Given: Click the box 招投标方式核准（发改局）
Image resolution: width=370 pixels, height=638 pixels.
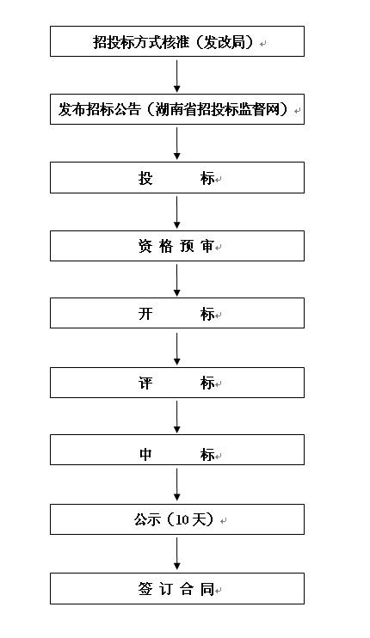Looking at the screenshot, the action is pos(177,41).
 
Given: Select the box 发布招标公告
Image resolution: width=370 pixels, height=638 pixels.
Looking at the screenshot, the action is pos(177,109).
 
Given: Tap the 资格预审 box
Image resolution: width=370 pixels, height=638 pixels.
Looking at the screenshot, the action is pos(177,246).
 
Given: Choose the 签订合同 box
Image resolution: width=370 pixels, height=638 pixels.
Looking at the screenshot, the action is pos(177,589).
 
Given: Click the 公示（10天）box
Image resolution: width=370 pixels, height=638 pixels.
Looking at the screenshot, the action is pos(177,519).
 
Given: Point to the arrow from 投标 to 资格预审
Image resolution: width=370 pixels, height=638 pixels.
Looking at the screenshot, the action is pos(177,212).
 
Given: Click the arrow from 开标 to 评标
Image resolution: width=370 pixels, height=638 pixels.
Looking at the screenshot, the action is pos(177,349).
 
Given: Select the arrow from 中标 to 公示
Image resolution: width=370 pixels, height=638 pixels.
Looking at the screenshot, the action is pos(177,485).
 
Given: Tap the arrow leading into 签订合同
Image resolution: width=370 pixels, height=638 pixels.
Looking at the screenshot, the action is pos(177,554).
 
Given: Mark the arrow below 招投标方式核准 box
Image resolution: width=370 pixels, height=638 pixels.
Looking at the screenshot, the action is pos(177,76).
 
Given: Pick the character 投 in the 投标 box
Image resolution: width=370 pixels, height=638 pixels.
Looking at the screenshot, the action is pos(145,178).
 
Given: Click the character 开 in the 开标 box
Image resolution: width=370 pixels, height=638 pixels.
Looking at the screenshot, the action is pos(145,314).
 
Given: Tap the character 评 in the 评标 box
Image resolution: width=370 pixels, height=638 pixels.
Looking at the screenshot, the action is pos(145,383).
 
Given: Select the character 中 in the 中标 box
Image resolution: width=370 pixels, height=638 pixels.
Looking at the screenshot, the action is pos(145,454).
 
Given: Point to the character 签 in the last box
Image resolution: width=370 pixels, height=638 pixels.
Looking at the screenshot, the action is pos(145,589).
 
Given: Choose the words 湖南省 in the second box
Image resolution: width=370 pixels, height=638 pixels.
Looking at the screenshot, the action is pos(176,109).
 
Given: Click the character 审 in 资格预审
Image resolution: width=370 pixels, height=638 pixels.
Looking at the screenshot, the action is pos(207,246).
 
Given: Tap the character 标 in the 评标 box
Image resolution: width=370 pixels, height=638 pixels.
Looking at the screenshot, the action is pos(207,383).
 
